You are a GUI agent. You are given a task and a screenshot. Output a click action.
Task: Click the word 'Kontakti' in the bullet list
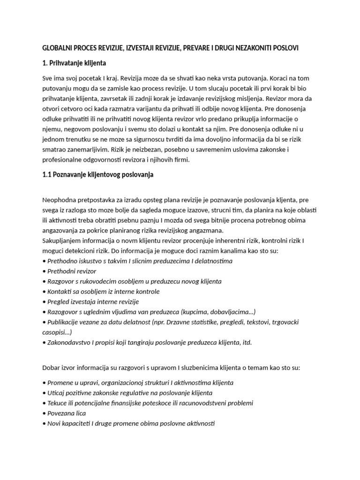pyautogui.click(x=60, y=292)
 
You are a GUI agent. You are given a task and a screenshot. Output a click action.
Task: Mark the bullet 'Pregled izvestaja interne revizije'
pyautogui.click(x=93, y=302)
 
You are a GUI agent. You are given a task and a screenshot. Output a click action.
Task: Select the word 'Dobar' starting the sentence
pyautogui.click(x=52, y=367)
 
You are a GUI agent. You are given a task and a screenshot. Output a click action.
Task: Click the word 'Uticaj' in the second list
pyautogui.click(x=57, y=392)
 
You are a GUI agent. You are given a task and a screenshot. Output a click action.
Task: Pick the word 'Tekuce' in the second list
pyautogui.click(x=58, y=403)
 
